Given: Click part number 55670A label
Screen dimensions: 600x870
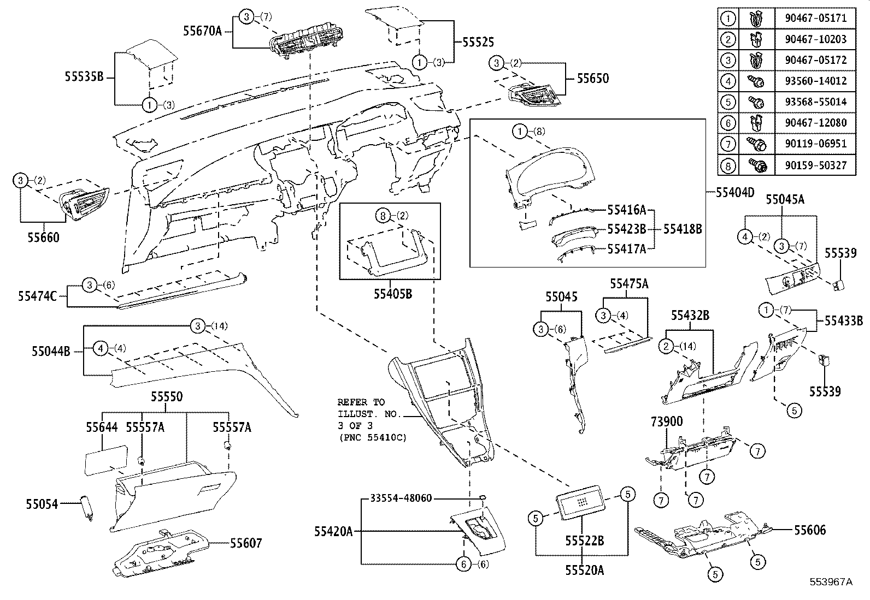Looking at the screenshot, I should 202,31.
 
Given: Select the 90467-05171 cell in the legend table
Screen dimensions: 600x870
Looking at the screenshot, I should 815,18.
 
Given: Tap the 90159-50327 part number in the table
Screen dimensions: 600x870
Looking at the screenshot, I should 815,164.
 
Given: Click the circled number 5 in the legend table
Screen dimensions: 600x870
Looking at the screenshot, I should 728,102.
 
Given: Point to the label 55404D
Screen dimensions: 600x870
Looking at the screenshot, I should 735,192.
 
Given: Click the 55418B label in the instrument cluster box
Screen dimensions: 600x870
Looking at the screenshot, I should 683,229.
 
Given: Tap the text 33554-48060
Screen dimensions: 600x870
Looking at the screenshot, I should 401,498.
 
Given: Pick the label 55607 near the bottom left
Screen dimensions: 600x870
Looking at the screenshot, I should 245,543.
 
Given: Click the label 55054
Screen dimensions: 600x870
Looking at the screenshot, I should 42,504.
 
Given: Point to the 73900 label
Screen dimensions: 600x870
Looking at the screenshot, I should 666,421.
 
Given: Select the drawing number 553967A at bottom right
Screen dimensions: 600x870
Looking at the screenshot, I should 831,582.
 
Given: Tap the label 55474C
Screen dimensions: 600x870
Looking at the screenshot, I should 38,296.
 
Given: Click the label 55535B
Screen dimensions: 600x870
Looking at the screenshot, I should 84,76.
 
